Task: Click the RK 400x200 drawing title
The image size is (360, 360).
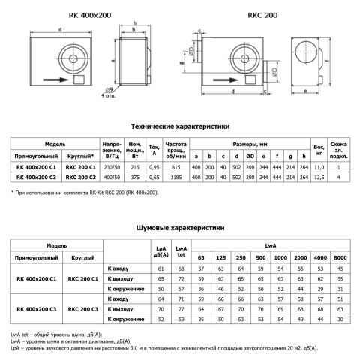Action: (x=90, y=15)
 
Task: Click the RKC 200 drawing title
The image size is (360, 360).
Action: (x=262, y=15)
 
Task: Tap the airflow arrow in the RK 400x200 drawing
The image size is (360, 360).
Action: (x=55, y=79)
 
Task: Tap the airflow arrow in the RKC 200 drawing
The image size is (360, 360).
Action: (x=226, y=79)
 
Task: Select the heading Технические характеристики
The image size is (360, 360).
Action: (x=180, y=127)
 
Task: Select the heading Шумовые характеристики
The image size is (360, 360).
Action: (x=180, y=228)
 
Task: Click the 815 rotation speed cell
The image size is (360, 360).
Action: (x=176, y=167)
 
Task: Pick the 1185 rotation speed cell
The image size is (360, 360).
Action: (x=176, y=178)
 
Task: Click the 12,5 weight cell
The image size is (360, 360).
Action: (x=319, y=178)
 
